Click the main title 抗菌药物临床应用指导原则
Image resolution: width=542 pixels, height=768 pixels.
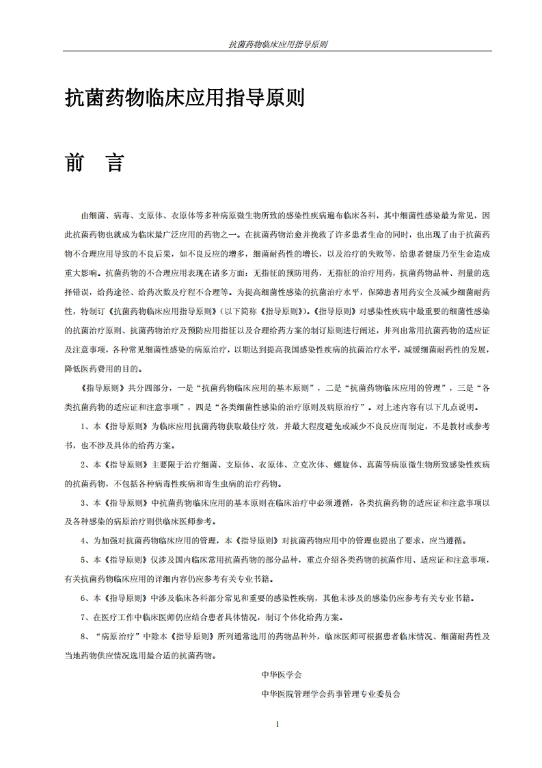click(185, 98)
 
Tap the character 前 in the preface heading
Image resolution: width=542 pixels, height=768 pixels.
click(75, 162)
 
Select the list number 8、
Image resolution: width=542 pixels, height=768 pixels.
click(85, 635)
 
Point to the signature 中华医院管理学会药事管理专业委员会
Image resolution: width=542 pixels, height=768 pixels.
click(330, 693)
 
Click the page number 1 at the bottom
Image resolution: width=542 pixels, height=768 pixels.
click(277, 724)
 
